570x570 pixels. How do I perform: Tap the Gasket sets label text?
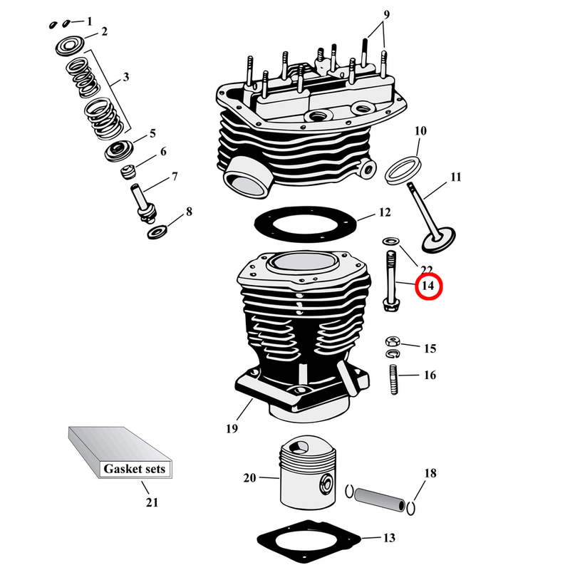[x=135, y=469]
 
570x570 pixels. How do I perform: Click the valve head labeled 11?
[x=435, y=240]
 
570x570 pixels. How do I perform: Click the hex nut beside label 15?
[x=392, y=340]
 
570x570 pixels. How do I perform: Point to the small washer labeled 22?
[x=390, y=240]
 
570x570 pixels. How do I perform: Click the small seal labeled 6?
[x=130, y=172]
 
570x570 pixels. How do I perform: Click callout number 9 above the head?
[x=386, y=14]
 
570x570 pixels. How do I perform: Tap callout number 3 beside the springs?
[x=126, y=76]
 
